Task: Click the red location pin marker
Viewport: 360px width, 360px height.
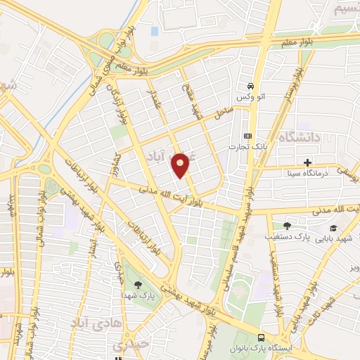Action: [x=181, y=165]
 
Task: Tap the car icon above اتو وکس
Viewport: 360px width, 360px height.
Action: [x=251, y=82]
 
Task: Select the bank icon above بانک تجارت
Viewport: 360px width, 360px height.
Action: [x=247, y=136]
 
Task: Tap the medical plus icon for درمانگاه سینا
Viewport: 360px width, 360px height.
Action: [x=307, y=162]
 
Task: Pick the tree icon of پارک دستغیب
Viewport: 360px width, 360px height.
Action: [x=286, y=226]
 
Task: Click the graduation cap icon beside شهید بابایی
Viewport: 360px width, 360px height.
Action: [x=332, y=228]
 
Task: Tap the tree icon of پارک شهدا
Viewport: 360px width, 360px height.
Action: [x=137, y=284]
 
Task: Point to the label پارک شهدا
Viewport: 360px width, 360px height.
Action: [x=137, y=295]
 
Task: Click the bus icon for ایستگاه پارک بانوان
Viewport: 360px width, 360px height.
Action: [x=262, y=337]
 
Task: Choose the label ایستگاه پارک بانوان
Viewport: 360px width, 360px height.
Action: [x=262, y=349]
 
